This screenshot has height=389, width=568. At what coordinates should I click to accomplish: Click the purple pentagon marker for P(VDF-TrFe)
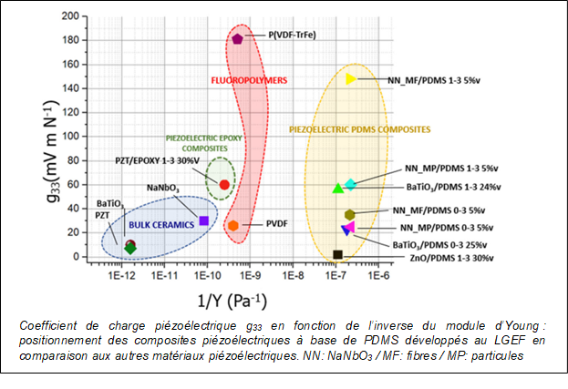pos(237,39)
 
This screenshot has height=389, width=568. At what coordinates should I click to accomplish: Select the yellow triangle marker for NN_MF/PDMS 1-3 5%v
pos(351,78)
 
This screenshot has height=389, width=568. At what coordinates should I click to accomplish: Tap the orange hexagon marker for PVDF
pos(232,225)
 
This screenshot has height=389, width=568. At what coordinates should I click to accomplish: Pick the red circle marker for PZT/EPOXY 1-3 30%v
pos(224,185)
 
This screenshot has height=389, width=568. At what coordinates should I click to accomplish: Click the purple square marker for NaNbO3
pos(203,220)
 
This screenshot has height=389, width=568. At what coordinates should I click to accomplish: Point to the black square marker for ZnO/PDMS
pos(337,255)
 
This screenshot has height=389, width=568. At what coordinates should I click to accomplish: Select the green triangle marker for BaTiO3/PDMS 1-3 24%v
pos(338,189)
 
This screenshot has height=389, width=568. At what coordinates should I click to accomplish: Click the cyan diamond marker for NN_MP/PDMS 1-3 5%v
pos(350,184)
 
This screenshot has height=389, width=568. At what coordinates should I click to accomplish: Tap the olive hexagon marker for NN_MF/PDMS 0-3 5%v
pos(349,215)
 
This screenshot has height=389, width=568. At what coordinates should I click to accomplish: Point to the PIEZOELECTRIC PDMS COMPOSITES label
pos(359,130)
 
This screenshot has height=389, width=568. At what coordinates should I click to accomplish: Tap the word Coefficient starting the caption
pos(46,326)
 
